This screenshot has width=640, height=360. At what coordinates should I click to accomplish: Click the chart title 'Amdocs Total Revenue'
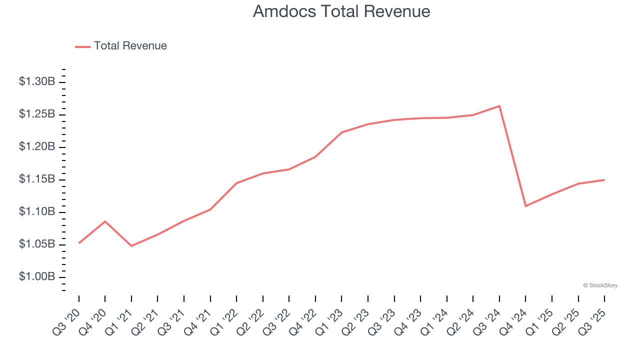[x=341, y=11]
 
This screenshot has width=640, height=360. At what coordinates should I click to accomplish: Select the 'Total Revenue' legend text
[x=130, y=46]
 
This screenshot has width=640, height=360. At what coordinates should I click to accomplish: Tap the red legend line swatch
[x=82, y=46]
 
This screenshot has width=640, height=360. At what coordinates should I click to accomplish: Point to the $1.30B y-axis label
[x=37, y=82]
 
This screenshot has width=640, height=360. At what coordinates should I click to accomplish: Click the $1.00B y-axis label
[x=37, y=277]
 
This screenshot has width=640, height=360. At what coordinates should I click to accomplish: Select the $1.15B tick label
[x=37, y=179]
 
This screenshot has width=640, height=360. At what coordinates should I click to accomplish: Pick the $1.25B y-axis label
[x=37, y=114]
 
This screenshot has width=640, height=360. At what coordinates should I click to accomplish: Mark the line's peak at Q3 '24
[x=499, y=106]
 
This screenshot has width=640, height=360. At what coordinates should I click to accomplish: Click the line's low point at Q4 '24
[x=525, y=206]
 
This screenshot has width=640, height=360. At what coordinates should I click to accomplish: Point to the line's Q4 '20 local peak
[x=105, y=221]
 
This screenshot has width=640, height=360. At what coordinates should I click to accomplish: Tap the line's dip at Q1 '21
[x=131, y=246]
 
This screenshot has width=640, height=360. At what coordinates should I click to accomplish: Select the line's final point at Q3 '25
[x=604, y=179]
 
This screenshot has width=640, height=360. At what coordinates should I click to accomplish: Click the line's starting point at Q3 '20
[x=79, y=243]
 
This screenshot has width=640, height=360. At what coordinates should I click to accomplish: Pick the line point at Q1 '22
[x=236, y=183]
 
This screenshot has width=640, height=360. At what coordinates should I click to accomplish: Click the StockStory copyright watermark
[x=600, y=285]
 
